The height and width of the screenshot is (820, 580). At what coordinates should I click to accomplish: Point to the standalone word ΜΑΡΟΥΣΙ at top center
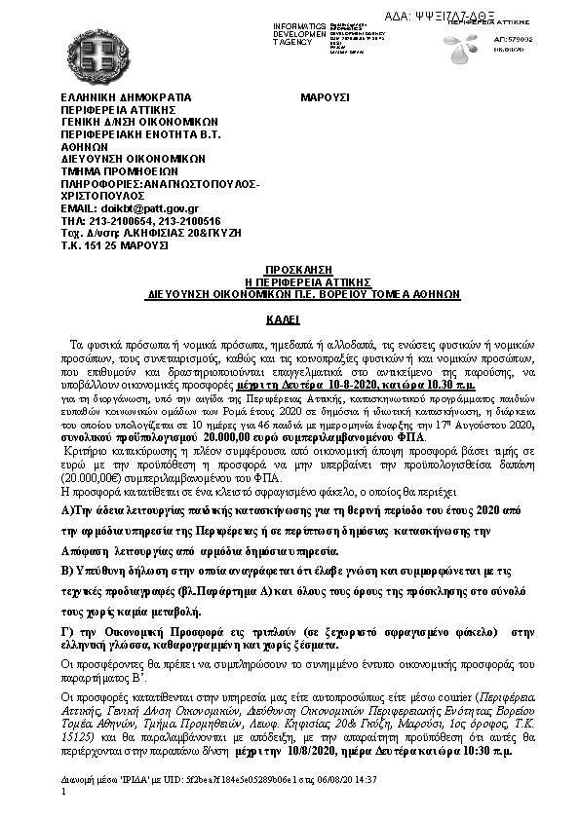tap(325, 97)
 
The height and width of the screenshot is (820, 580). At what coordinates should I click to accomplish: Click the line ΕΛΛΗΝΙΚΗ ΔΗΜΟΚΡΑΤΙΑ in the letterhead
tap(120, 97)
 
